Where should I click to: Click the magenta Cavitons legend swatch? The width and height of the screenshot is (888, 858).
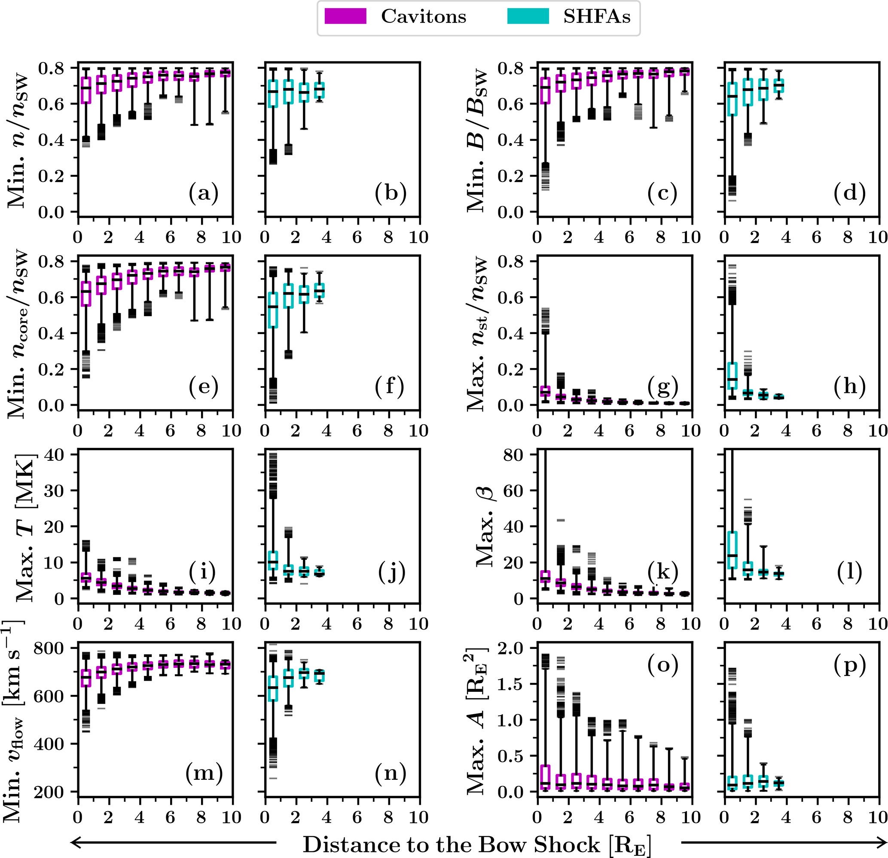coord(345,17)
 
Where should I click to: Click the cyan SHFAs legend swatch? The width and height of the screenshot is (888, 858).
coord(528,17)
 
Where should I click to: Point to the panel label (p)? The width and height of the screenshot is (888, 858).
coord(849,665)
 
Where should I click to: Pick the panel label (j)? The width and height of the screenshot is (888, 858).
coord(391,572)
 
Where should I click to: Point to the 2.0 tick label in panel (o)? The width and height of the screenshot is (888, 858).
coord(511,648)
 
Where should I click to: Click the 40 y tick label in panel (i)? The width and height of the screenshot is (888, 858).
coord(55,455)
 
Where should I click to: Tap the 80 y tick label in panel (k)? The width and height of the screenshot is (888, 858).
coord(514,455)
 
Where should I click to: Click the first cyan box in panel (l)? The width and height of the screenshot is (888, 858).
coord(732,550)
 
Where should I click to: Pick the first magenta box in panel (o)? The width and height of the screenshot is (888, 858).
coord(545,777)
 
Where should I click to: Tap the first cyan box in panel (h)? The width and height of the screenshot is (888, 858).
coord(732,375)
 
